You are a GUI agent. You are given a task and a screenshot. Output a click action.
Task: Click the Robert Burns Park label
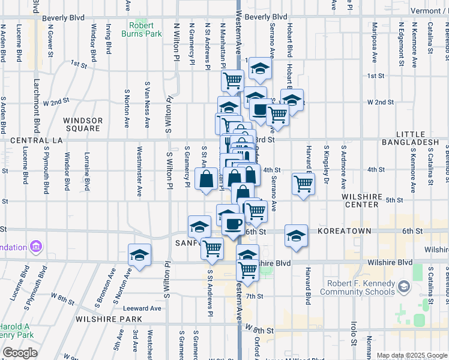tap(145, 30)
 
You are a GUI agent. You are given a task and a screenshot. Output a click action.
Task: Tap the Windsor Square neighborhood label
tap(82, 124)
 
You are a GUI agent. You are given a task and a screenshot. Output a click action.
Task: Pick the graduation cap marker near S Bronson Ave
tap(139, 255)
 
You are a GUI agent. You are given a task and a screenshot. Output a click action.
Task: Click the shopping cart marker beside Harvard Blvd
tap(304, 184)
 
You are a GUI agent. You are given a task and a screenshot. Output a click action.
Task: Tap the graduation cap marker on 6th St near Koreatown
tap(296, 236)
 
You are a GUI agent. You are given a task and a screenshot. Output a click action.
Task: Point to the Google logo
tap(20, 353)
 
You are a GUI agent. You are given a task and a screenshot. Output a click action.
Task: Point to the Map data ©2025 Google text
tap(412, 355)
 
